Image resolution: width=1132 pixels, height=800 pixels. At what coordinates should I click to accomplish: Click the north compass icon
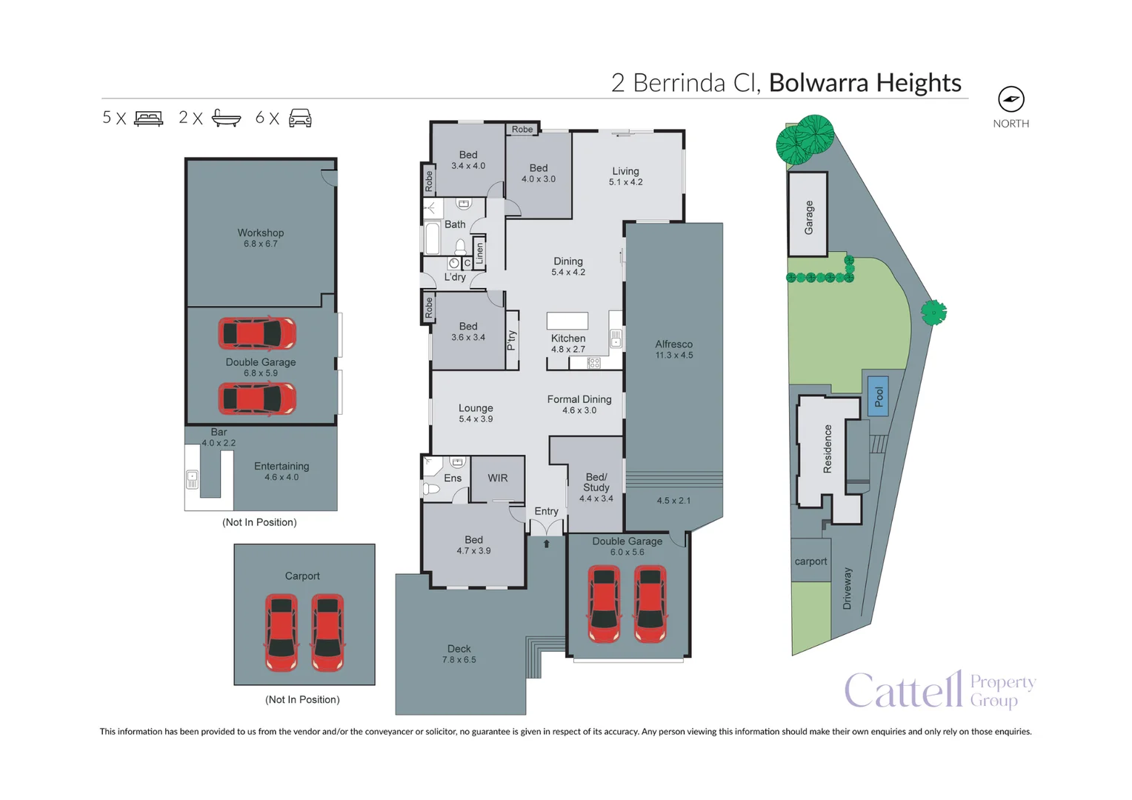(1011, 99)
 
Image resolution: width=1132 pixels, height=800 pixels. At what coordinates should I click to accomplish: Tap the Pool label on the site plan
(879, 396)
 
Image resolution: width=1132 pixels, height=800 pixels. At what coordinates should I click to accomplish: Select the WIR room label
(498, 479)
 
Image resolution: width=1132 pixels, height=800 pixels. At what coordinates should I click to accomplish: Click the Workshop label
(261, 233)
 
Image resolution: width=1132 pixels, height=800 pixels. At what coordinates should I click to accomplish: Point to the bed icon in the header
(149, 119)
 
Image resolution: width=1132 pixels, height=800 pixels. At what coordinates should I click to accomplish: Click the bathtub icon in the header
(226, 119)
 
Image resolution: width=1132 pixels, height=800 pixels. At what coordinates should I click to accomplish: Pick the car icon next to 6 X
(300, 119)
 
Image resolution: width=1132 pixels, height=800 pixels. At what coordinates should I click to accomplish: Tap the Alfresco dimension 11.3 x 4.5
(674, 356)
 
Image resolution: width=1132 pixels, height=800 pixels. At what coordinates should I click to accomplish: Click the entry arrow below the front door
(547, 544)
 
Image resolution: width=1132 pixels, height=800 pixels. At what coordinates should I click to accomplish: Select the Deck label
(459, 649)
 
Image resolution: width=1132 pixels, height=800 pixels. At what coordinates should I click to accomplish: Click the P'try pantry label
(511, 340)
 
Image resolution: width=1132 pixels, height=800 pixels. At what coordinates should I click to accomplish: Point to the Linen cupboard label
(479, 254)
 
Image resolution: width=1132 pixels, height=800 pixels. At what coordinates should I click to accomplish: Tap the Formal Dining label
(579, 399)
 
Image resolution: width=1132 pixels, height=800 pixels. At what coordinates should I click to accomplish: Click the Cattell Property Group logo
(939, 690)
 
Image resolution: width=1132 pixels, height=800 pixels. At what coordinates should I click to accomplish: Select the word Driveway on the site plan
(848, 589)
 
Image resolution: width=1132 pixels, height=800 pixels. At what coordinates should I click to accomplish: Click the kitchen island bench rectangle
(567, 321)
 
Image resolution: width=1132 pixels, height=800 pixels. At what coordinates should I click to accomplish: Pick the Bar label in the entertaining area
(219, 432)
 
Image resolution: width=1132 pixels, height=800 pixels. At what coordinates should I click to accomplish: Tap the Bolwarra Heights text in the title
(865, 83)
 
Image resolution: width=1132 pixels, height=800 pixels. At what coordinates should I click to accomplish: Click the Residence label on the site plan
(828, 449)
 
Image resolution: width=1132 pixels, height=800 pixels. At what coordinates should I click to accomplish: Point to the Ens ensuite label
(453, 479)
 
